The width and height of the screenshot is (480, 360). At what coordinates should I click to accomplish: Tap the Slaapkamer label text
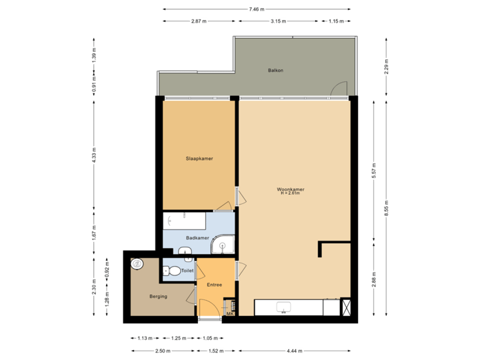coord(199,159)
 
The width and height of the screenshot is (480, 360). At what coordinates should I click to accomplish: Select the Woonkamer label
coord(291,191)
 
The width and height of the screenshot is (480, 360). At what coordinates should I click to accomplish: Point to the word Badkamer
coord(198,237)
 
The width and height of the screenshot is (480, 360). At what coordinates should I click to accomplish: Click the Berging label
coord(158,296)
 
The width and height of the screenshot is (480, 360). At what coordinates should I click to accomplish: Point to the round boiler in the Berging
coord(137,263)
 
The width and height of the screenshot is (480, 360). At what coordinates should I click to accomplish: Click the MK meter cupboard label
coord(229,313)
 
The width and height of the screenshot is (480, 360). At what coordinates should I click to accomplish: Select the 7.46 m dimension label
coord(256,9)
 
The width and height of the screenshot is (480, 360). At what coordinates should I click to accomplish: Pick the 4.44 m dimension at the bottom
coord(294,350)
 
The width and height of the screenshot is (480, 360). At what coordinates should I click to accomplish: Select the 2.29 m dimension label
coord(386,67)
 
